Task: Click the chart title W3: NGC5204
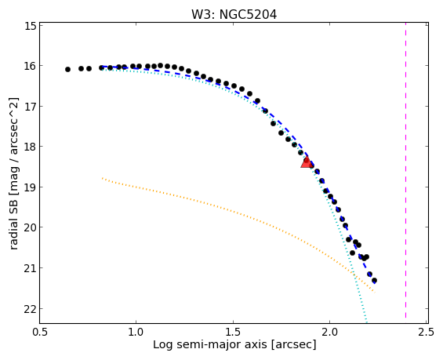click(234, 14)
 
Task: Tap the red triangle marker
click(307, 162)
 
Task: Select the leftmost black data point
click(67, 69)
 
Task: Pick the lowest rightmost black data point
click(374, 280)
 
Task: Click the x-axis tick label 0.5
click(40, 332)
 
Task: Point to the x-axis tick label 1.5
click(233, 332)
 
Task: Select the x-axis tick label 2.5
click(427, 332)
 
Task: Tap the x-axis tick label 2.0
click(330, 332)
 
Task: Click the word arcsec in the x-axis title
click(294, 345)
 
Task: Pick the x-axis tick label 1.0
click(136, 332)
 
